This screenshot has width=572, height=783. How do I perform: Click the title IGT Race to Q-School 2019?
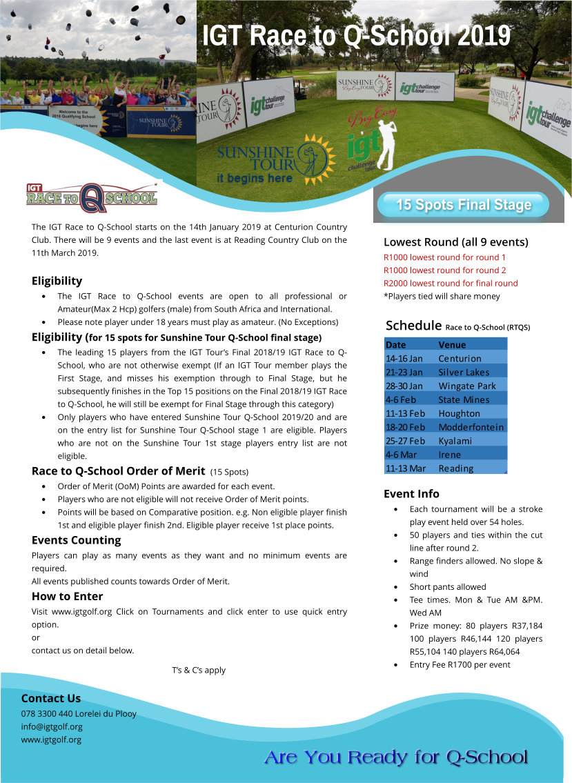(356, 35)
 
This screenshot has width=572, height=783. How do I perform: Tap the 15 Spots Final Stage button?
(464, 205)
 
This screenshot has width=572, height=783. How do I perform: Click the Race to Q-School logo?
(92, 197)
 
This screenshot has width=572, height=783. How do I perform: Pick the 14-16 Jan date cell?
(404, 358)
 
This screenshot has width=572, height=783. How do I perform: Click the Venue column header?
(452, 344)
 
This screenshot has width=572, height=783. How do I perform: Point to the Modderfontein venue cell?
(471, 427)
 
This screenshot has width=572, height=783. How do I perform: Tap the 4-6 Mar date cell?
(401, 455)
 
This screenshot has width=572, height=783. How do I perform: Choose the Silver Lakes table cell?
(464, 372)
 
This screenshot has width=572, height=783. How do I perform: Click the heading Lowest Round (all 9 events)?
(456, 242)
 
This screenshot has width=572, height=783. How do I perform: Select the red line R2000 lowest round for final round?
(451, 283)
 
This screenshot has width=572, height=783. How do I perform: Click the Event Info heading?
(411, 493)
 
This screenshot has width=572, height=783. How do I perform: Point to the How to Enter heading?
(67, 596)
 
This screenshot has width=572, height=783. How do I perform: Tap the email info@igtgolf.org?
(52, 726)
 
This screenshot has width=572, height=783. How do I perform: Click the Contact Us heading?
(50, 698)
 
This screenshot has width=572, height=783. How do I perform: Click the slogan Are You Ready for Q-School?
(395, 757)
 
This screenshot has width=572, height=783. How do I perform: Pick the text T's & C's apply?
(199, 670)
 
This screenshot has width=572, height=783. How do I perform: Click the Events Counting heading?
(76, 539)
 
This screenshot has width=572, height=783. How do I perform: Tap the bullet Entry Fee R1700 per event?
(460, 664)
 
